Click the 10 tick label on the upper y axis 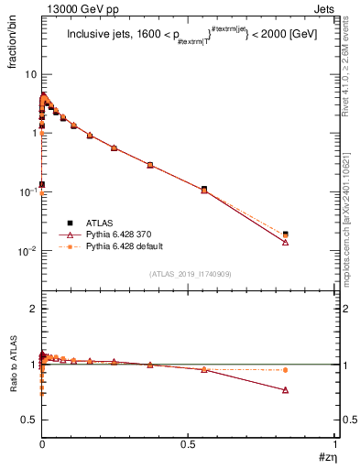pos(29,74)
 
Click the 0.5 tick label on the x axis pos(189,448)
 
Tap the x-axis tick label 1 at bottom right pos(335,448)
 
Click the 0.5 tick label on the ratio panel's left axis pos(29,420)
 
